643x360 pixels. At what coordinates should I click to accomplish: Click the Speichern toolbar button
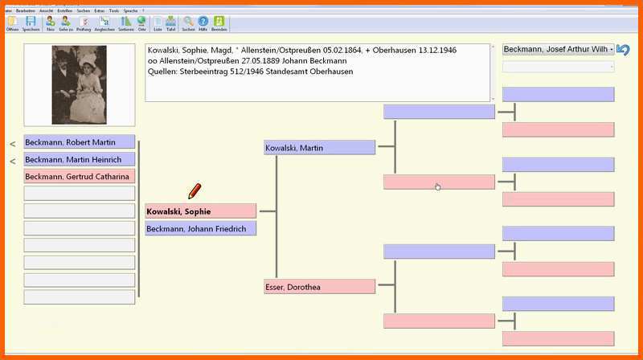(31, 22)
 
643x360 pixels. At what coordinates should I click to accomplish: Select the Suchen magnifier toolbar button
(188, 22)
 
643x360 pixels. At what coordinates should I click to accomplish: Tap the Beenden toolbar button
(219, 22)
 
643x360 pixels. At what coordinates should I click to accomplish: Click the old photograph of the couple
(79, 84)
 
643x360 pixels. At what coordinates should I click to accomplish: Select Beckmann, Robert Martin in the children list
(79, 142)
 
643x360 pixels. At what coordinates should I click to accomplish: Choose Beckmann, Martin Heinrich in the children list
(79, 159)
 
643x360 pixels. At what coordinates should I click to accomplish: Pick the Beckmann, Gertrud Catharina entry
(79, 176)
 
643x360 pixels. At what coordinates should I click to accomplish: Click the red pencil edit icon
(195, 191)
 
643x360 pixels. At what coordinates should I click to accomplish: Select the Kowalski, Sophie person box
(200, 211)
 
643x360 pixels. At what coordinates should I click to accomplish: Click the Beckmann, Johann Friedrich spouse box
(200, 228)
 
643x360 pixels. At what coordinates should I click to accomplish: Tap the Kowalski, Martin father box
(319, 148)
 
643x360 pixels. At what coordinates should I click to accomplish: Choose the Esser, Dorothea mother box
(319, 286)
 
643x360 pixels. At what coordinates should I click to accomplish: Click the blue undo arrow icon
(624, 49)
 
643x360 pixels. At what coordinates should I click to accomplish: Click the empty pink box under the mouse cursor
(438, 182)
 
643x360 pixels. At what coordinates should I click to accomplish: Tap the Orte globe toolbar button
(141, 22)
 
